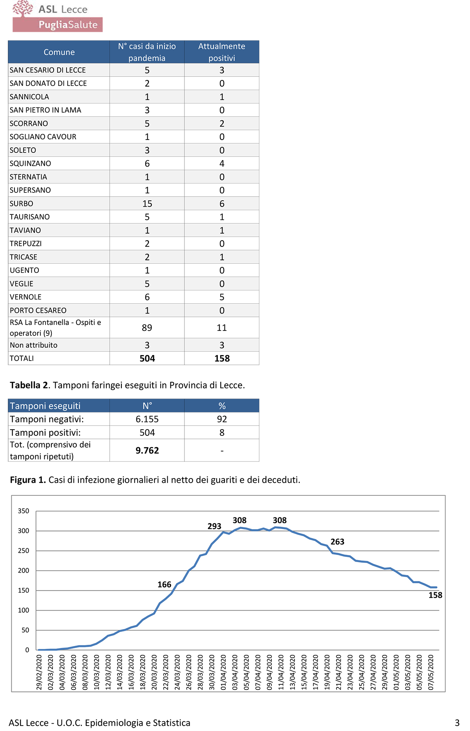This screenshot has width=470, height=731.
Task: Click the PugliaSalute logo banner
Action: (x=58, y=24)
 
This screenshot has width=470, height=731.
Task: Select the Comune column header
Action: (x=59, y=52)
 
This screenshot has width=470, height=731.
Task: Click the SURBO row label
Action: (x=22, y=203)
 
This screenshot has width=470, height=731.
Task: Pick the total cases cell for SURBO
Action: (x=147, y=203)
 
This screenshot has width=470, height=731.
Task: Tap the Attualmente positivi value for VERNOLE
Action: (x=222, y=297)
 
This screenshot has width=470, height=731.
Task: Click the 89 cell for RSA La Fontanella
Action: (x=147, y=328)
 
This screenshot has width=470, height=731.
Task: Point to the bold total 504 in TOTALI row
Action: (x=147, y=358)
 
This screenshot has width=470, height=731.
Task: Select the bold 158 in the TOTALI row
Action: (x=222, y=358)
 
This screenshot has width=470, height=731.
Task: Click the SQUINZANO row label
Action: (x=30, y=163)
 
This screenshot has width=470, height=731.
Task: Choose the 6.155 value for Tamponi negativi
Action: (x=147, y=419)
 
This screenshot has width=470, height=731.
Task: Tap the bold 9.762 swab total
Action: (x=147, y=450)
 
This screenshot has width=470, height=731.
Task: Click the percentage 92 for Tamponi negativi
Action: (x=222, y=419)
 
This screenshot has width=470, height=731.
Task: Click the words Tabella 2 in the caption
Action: (x=30, y=385)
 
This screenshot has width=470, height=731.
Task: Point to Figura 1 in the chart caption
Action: (x=28, y=480)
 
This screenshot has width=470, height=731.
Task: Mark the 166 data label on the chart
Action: (x=164, y=584)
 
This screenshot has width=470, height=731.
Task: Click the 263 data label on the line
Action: (x=337, y=542)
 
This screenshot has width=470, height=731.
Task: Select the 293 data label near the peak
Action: (x=214, y=526)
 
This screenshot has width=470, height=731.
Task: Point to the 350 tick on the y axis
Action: (x=23, y=511)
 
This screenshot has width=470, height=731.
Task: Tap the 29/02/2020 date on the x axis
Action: (x=39, y=672)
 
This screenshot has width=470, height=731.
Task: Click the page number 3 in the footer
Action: (x=457, y=723)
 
